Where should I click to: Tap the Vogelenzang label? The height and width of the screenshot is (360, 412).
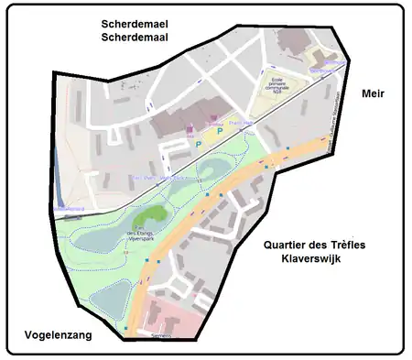(52, 336)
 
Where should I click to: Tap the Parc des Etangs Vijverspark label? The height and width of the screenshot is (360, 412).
(140, 235)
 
